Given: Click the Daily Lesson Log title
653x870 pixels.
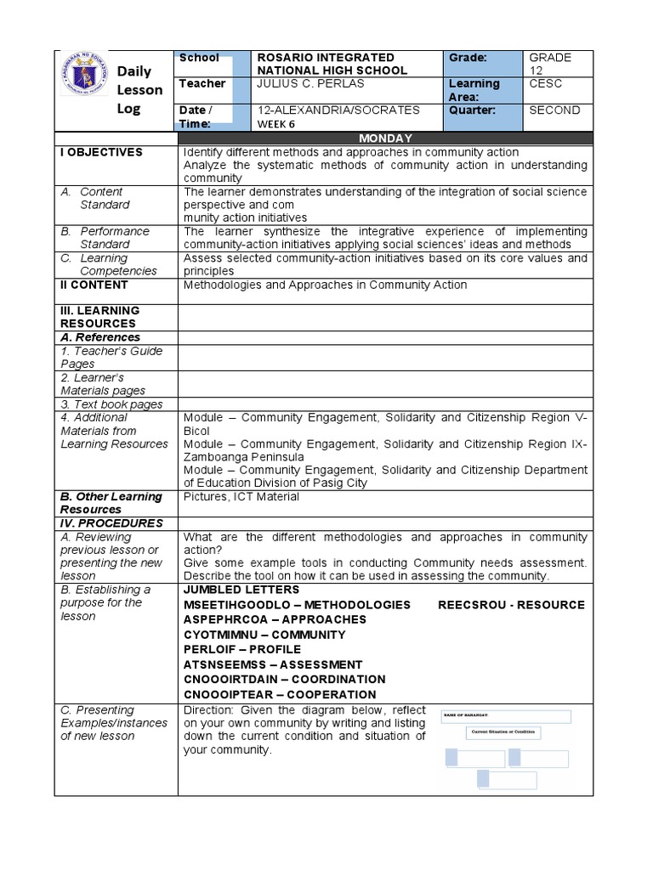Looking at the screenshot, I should point(139,90).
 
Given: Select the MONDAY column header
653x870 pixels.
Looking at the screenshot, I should point(385,138).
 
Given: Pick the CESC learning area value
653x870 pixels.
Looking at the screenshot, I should point(545,83).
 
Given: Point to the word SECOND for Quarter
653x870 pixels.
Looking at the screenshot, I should point(554,110).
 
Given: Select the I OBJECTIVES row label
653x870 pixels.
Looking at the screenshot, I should point(101,152).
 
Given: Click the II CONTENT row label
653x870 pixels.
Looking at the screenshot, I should point(94,285).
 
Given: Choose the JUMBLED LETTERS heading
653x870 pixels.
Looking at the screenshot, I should point(241,590).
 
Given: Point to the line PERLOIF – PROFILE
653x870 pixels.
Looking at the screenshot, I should point(242,649).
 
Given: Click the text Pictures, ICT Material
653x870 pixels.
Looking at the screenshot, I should point(241,496).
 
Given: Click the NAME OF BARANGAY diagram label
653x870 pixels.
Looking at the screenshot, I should point(470,716).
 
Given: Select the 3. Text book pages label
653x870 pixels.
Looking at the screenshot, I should point(111,404).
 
